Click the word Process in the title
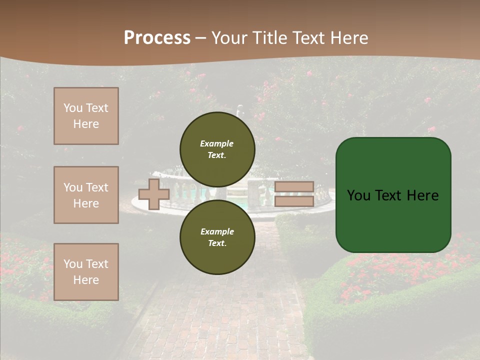click(x=157, y=38)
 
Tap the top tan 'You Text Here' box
click(x=86, y=116)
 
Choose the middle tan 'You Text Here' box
click(x=86, y=195)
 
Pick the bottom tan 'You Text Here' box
click(x=86, y=272)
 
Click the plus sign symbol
click(x=153, y=194)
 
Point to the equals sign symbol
click(x=294, y=194)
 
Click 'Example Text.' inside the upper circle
click(x=217, y=149)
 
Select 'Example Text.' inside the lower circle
click(x=217, y=237)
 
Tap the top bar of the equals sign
click(x=294, y=187)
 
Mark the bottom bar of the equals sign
click(x=294, y=201)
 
